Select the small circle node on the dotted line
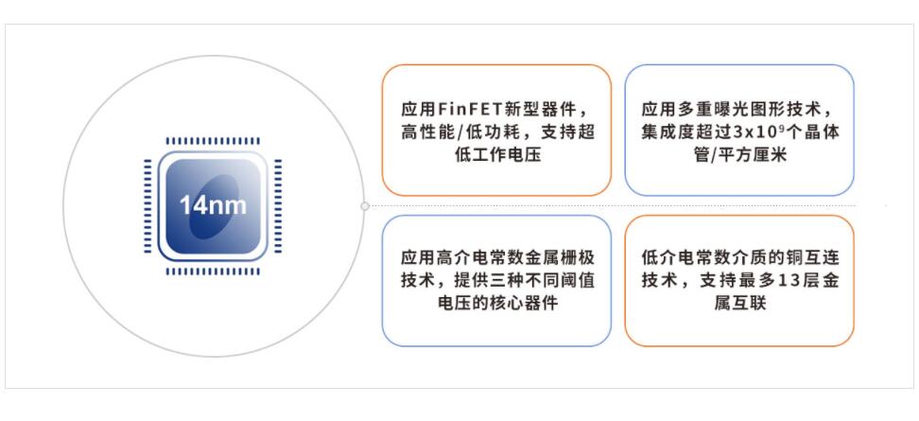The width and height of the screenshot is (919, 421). (x=365, y=205)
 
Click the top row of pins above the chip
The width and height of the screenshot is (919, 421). (x=213, y=141)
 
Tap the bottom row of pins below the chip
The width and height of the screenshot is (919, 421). (x=213, y=272)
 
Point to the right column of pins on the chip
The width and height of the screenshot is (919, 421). (x=278, y=206)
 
